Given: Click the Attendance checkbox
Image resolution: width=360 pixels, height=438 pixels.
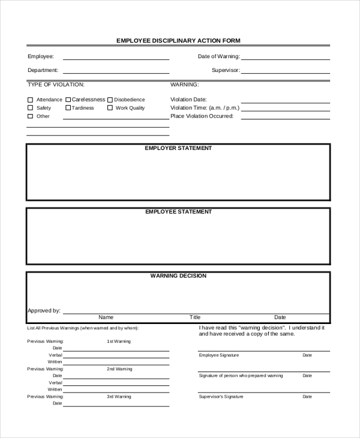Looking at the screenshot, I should [x=30, y=100].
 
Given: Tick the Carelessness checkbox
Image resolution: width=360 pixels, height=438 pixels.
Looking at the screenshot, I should [x=68, y=100].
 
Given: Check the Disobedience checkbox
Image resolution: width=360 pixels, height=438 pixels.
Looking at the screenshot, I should [x=110, y=100].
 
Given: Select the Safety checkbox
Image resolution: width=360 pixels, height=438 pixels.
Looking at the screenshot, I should [x=30, y=108].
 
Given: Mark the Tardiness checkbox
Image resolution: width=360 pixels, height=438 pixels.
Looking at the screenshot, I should [x=68, y=108].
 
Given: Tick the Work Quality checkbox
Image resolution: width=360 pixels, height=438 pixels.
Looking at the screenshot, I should [x=110, y=108].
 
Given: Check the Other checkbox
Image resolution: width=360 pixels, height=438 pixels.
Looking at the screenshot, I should [x=30, y=116].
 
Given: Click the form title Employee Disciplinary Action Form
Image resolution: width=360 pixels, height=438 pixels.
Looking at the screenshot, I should [x=178, y=41].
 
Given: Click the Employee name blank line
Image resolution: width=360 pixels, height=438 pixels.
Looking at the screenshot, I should [x=116, y=59].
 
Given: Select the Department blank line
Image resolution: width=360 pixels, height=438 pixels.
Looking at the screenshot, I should [x=116, y=73].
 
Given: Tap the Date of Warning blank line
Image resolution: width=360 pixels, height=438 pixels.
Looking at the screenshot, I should [x=285, y=59].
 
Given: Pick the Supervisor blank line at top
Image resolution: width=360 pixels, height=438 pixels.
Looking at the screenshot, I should [x=285, y=73].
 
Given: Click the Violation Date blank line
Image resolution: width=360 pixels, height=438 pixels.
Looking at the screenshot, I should [x=285, y=102].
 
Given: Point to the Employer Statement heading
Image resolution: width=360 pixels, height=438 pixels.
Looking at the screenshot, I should [x=178, y=148].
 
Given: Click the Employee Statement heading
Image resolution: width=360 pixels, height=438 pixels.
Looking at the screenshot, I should [x=178, y=212].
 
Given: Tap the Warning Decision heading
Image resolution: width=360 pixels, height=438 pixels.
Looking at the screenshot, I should [x=178, y=276].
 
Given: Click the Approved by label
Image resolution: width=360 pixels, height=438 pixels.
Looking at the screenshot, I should [x=44, y=311].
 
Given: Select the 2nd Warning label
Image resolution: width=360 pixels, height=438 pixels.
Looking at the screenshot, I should [x=119, y=369].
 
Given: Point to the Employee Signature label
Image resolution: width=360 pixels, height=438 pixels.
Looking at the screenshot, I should [x=218, y=355].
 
